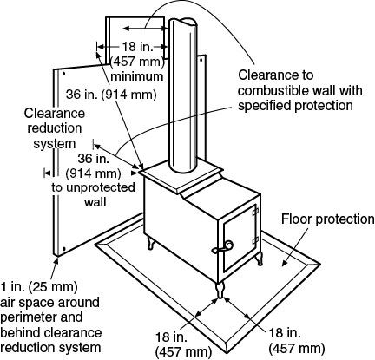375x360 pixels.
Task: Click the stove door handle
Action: click(x=223, y=247)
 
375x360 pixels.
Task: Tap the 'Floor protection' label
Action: click(x=328, y=219)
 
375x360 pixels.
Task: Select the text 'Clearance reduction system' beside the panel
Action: click(x=55, y=128)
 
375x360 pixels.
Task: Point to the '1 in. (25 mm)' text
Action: click(x=39, y=287)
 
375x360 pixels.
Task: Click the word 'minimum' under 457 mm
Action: click(x=137, y=76)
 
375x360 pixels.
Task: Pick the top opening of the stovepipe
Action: click(x=183, y=23)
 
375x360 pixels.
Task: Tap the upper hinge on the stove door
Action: click(x=254, y=212)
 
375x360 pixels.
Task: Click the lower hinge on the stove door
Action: click(x=255, y=240)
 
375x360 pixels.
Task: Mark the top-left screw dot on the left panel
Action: click(x=63, y=74)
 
